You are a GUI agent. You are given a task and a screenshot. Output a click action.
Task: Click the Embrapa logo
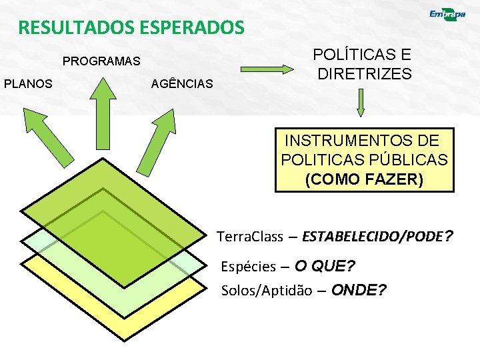tap(447, 16)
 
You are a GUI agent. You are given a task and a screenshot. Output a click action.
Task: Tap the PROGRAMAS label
tap(101, 61)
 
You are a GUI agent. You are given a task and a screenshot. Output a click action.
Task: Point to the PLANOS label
tap(29, 83)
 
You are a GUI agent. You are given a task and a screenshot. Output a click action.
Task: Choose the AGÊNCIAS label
tap(183, 84)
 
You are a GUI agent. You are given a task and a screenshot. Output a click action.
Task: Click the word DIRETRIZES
tap(365, 74)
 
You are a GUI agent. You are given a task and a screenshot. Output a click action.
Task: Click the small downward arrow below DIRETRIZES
tap(361, 103)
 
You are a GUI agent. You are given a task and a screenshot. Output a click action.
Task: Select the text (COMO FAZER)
tap(363, 179)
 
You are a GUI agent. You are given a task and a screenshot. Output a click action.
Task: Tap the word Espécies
tap(248, 267)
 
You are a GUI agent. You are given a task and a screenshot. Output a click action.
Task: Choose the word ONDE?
tap(359, 290)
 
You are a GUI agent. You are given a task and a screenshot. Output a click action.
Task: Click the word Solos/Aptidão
tap(266, 291)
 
